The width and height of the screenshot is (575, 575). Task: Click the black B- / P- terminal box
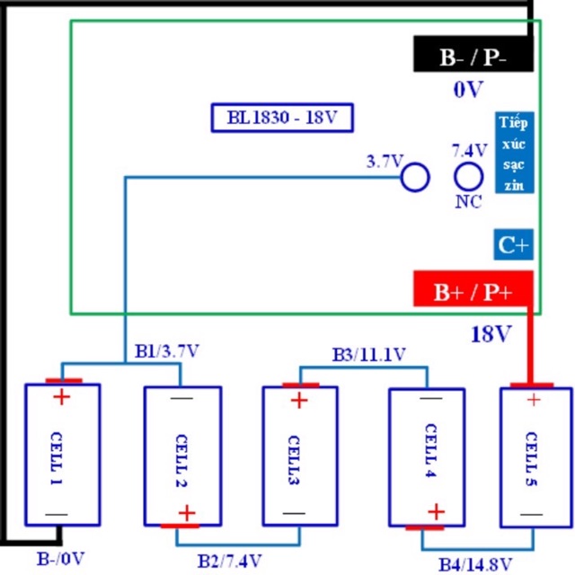click(x=473, y=56)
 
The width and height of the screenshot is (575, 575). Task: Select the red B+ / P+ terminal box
click(x=473, y=290)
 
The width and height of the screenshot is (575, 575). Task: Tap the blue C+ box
click(x=513, y=243)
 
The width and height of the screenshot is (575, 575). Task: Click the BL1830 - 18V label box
click(x=281, y=119)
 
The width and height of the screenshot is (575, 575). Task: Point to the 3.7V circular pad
click(x=414, y=177)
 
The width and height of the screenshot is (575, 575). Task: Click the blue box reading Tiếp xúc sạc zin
click(x=516, y=153)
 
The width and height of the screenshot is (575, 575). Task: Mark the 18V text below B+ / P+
click(x=491, y=334)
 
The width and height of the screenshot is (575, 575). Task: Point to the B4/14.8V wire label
click(x=475, y=563)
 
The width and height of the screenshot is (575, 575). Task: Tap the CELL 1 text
click(x=61, y=456)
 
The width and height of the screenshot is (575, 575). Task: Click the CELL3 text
click(x=299, y=456)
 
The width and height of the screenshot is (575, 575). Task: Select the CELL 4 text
click(x=427, y=455)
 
